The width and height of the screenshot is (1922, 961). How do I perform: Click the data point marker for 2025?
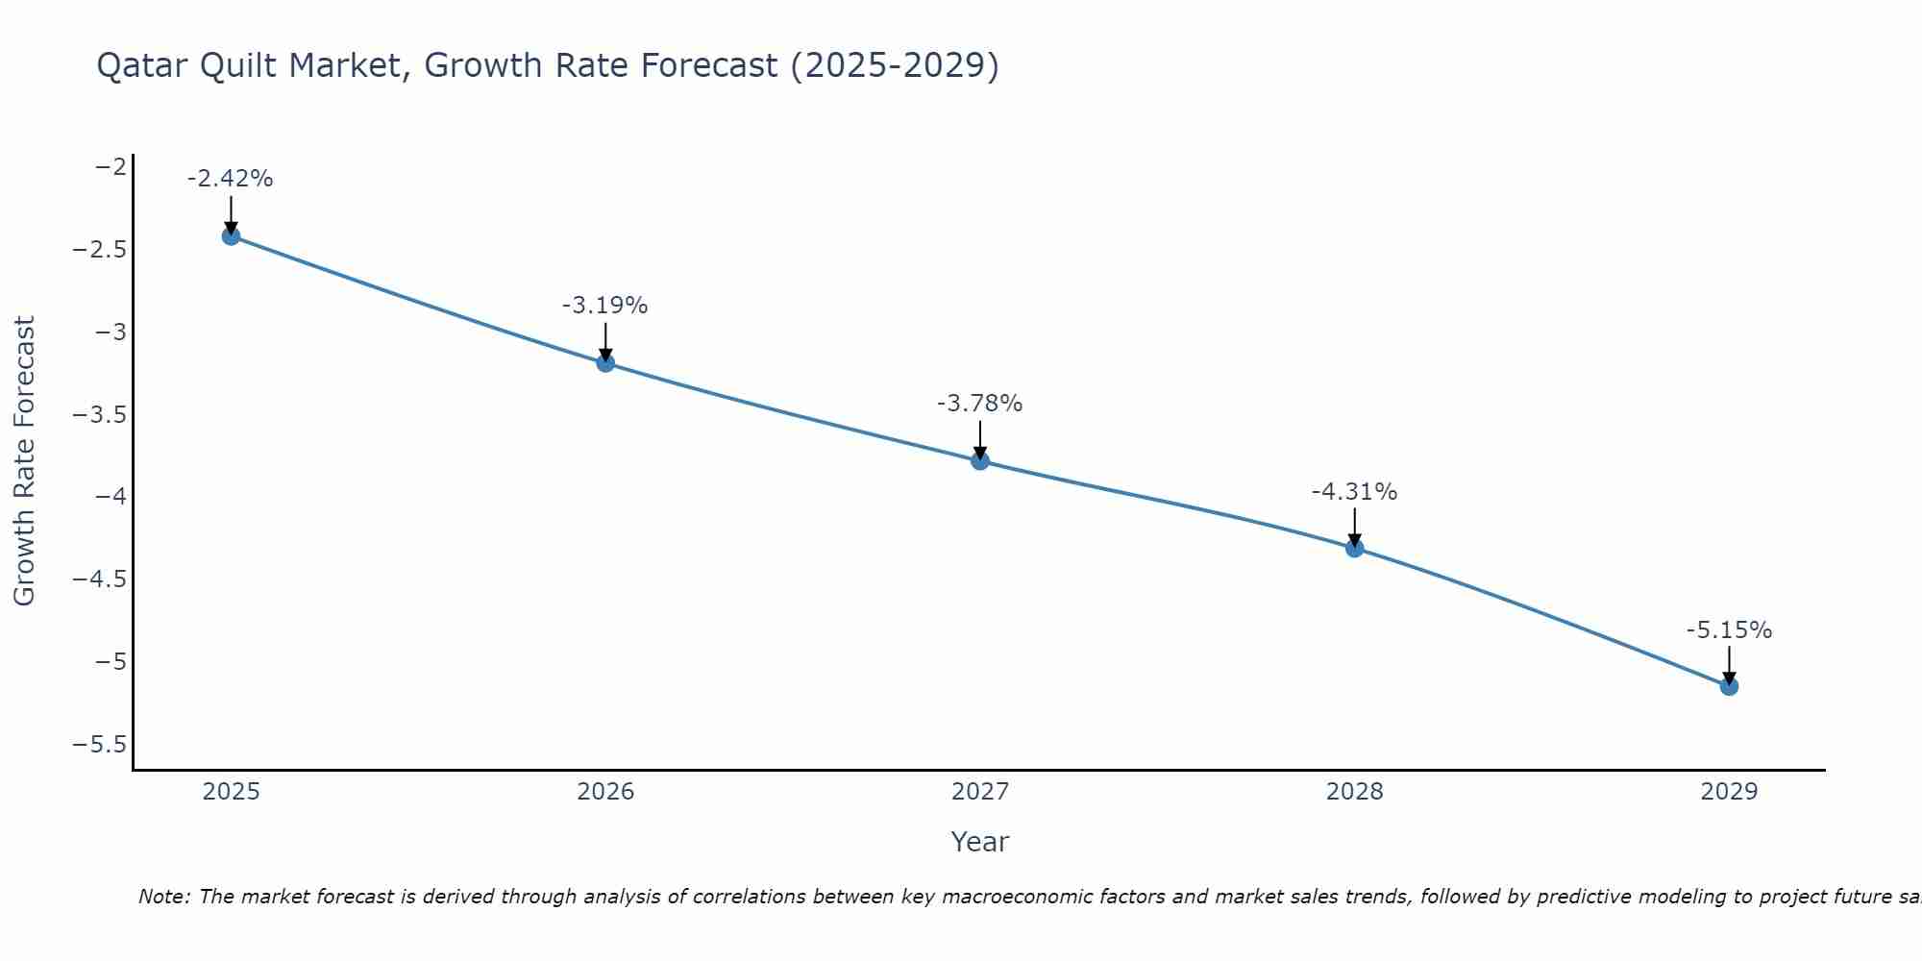click(231, 235)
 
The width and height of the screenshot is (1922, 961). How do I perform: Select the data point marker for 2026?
click(605, 362)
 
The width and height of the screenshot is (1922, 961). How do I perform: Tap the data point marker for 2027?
click(980, 460)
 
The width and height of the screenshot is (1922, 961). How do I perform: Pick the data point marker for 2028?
click(1355, 548)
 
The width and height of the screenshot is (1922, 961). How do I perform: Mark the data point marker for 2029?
click(1729, 686)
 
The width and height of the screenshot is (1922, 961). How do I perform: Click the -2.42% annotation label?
click(231, 179)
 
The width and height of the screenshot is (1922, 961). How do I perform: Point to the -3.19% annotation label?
click(605, 306)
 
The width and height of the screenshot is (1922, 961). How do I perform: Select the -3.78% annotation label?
click(980, 404)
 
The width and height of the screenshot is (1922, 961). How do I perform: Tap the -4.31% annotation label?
click(1355, 492)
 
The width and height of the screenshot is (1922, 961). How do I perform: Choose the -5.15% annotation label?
click(1729, 630)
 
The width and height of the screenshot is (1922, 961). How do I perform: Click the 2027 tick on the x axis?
click(980, 792)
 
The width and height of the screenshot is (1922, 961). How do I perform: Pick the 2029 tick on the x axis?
click(1729, 792)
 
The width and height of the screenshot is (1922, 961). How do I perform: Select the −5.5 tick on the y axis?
click(100, 745)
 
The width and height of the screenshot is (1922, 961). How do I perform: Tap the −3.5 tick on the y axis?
click(100, 415)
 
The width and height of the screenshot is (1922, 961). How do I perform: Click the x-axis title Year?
click(980, 842)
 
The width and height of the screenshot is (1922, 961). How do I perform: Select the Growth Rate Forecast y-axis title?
click(24, 461)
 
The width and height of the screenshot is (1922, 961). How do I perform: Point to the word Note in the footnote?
click(164, 897)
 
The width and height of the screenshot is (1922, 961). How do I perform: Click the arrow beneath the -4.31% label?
click(1355, 527)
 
